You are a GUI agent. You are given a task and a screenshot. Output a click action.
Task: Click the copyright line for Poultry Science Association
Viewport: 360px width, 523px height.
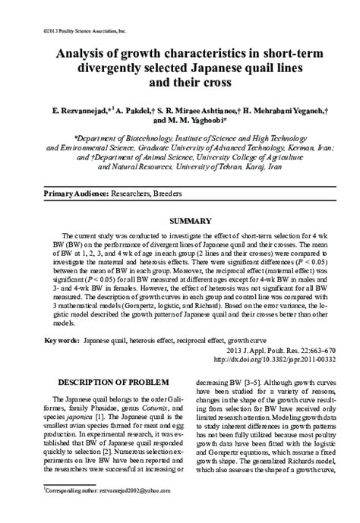click(63, 31)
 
